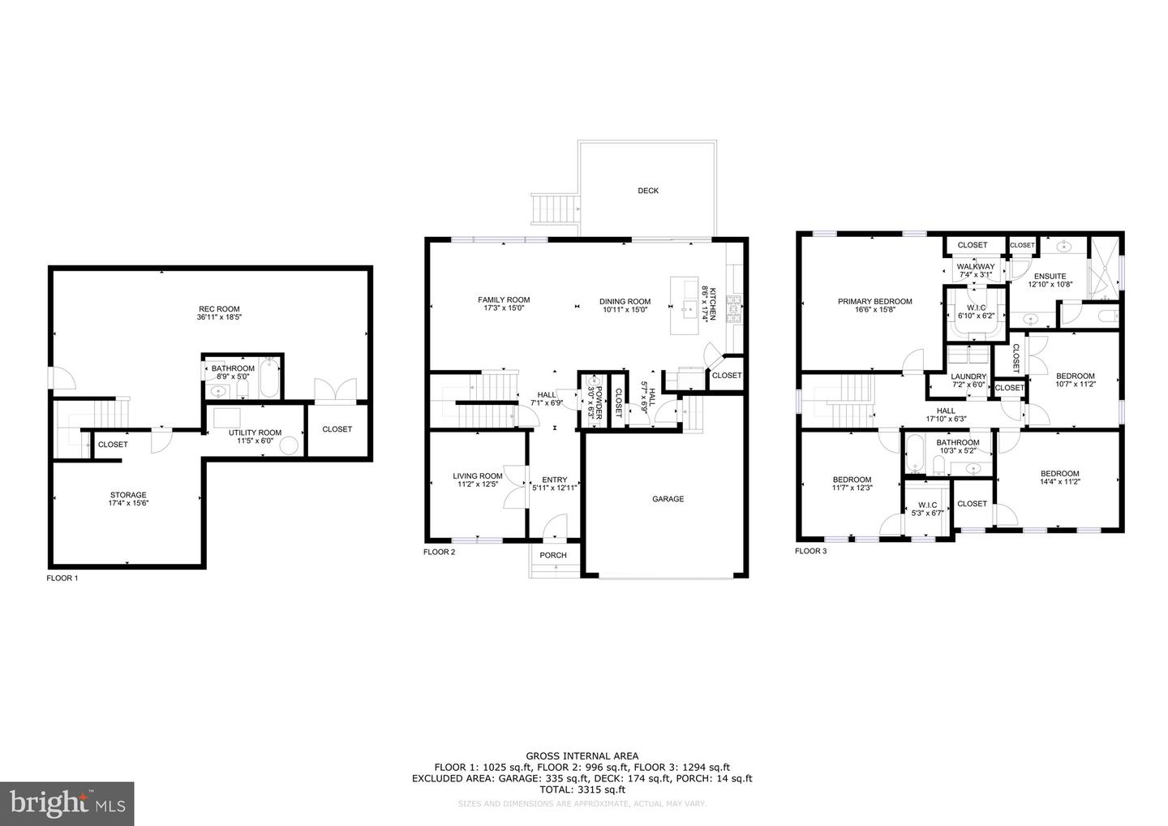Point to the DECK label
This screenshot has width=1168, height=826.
tap(648, 191)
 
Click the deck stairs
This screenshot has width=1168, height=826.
tap(555, 209)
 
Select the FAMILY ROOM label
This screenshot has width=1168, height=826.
tap(504, 299)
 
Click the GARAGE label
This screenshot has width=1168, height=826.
tap(668, 499)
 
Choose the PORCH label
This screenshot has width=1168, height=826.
tap(553, 555)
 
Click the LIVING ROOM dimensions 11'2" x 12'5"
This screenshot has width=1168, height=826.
tap(478, 485)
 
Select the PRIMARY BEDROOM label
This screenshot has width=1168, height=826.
tap(874, 301)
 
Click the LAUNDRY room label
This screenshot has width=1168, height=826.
tap(968, 376)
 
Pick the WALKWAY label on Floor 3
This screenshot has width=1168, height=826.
tap(975, 266)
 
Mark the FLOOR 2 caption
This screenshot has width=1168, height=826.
tap(440, 552)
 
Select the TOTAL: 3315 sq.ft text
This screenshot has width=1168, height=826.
tap(582, 789)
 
